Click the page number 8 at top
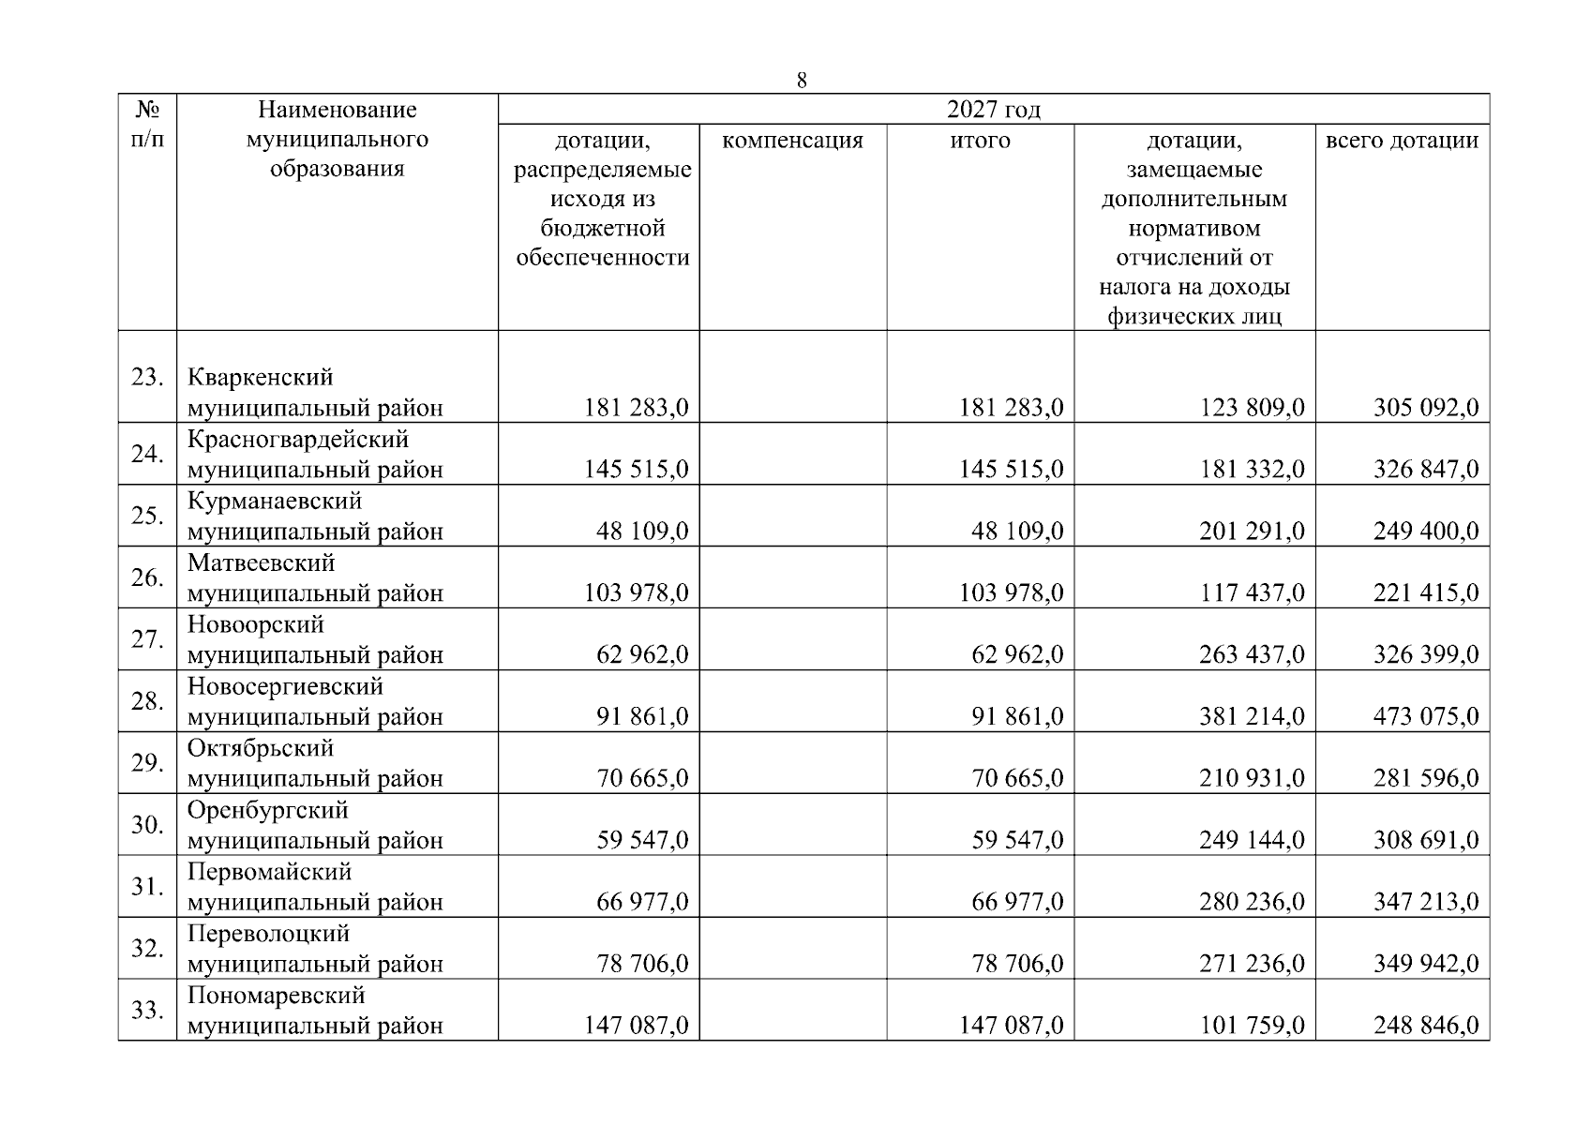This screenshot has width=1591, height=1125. tap(802, 81)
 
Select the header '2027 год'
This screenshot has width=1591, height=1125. tap(993, 110)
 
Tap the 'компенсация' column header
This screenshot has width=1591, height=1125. tap(792, 141)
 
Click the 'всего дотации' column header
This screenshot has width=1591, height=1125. tap(1402, 141)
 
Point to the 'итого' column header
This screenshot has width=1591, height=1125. tap(980, 141)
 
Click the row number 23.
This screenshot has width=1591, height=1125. tap(147, 377)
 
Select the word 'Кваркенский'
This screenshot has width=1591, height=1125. tap(260, 377)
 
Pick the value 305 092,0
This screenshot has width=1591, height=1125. tap(1426, 408)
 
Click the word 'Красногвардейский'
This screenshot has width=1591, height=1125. tap(298, 439)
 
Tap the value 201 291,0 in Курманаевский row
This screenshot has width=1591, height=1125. tap(1252, 532)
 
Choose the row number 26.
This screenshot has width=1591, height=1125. tap(147, 577)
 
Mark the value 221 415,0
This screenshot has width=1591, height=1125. tap(1426, 592)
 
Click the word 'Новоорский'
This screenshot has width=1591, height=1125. tap(255, 624)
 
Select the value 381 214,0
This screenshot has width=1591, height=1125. tap(1252, 716)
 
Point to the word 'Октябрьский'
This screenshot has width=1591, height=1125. tap(261, 748)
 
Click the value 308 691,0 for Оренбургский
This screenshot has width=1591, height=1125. tap(1426, 840)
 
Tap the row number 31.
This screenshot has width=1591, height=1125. tap(147, 886)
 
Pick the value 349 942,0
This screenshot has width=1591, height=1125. tap(1426, 964)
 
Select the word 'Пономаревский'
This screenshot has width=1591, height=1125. tap(276, 995)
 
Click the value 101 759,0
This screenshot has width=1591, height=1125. tap(1252, 1026)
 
